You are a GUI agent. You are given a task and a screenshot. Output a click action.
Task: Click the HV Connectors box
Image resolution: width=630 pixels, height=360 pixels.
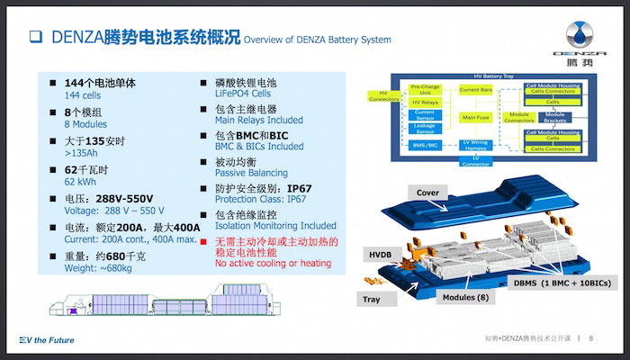point(383,95)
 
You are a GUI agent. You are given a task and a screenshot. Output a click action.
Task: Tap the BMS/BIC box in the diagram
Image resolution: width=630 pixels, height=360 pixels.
point(425,144)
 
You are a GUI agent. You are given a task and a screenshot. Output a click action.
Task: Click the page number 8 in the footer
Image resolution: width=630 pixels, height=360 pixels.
point(590,338)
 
